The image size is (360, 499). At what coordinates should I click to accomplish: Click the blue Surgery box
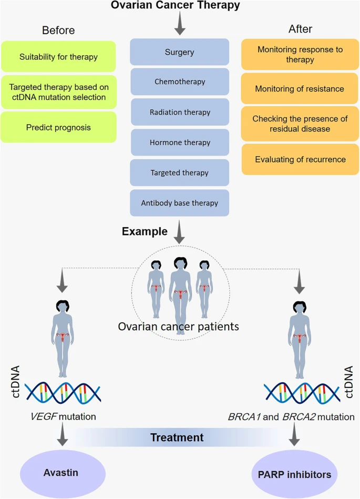pos(179,52)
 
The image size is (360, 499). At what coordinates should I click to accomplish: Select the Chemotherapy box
pos(180,82)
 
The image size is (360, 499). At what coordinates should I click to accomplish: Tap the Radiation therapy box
pos(180,112)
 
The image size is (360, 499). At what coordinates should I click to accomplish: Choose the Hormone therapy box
pos(180,142)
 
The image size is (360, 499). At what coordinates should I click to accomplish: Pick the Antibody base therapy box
pos(179,203)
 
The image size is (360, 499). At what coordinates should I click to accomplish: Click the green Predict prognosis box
pos(58,127)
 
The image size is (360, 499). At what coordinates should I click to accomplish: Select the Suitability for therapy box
pos(58,57)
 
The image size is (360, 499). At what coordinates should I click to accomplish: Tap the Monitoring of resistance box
pos(300,88)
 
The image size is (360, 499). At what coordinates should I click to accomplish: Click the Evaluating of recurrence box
pos(300,159)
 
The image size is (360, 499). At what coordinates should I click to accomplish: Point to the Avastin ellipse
pos(63,473)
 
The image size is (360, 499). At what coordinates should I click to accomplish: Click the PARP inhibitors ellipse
pos(294,474)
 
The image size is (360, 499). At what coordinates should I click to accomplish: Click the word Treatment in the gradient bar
pos(177,437)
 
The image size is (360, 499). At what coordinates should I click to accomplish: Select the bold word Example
pos(145,231)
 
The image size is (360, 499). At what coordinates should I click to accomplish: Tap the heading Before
pos(58,30)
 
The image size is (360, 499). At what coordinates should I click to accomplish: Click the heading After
pos(300,29)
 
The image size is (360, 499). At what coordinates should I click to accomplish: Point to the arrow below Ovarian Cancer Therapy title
pos(180,23)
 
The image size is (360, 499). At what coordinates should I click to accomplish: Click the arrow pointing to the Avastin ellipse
pos(63,434)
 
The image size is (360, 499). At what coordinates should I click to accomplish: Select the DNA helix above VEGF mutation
pos(63,392)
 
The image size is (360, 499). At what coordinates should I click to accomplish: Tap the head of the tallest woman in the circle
pos(180,264)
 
